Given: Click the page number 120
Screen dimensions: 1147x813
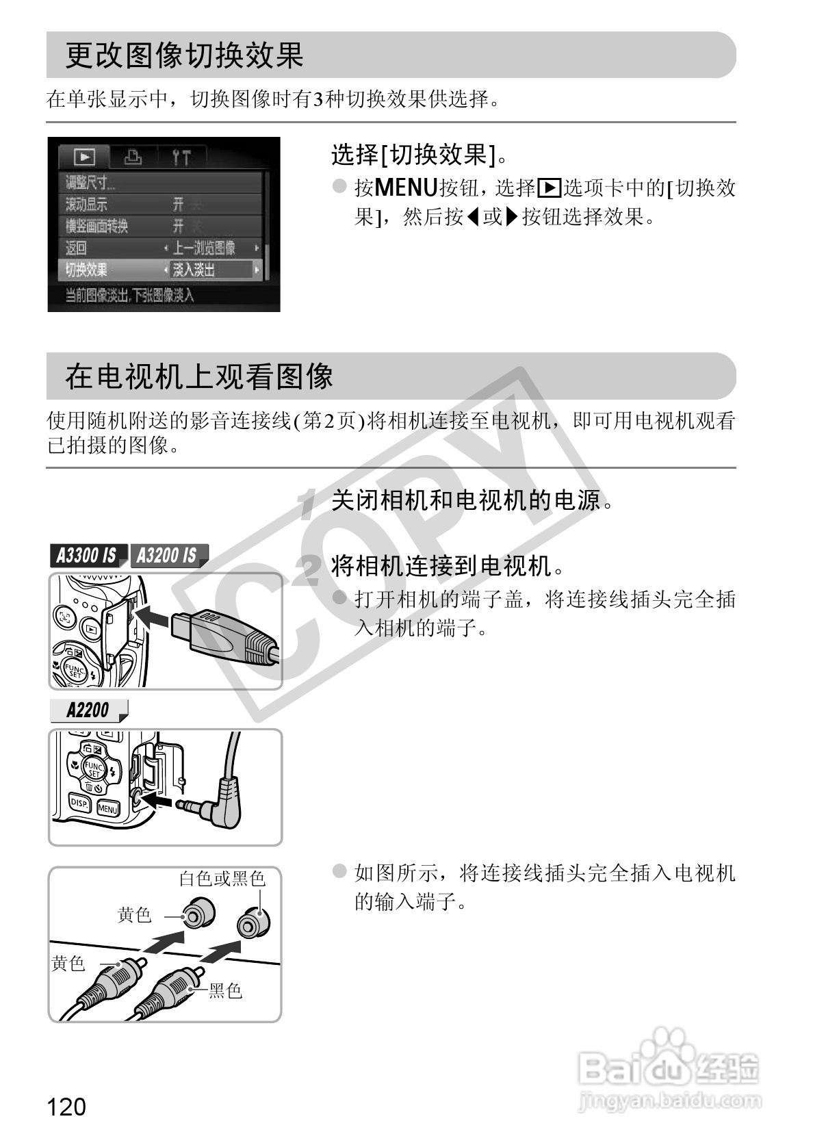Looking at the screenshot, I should click(67, 1106).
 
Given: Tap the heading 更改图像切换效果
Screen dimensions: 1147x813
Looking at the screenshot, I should click(185, 55).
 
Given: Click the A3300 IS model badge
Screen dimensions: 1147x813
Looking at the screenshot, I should click(86, 555).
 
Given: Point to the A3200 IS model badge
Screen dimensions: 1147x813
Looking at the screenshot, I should click(166, 555).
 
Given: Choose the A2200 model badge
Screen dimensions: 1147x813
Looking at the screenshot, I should click(88, 710).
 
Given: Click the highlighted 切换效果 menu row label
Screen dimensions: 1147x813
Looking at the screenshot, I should click(87, 270).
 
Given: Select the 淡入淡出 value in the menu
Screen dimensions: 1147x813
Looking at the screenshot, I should click(194, 270).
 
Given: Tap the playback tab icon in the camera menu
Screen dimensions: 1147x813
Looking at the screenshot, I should click(84, 157).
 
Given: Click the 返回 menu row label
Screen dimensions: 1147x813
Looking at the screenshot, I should click(76, 248).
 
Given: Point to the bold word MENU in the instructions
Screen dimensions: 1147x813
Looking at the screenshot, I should click(406, 187).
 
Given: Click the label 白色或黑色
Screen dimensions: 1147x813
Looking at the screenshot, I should click(222, 878).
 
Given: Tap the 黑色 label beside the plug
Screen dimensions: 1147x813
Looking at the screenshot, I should click(225, 990).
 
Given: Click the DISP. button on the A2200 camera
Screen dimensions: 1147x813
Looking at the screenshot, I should click(80, 803).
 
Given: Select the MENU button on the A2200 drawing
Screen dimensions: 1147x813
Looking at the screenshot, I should click(108, 809).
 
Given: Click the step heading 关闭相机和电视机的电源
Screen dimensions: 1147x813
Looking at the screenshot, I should click(472, 501).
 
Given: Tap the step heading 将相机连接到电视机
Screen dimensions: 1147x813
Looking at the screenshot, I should click(449, 566).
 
